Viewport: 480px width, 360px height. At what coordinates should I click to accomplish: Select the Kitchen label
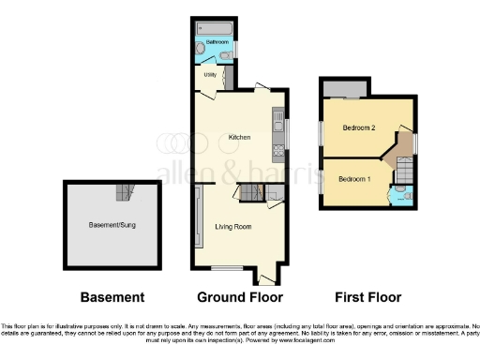(239, 138)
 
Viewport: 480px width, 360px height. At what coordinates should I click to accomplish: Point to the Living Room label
(232, 226)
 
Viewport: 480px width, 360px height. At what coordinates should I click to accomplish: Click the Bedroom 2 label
(358, 127)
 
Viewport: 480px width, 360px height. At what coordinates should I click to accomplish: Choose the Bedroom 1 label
(354, 179)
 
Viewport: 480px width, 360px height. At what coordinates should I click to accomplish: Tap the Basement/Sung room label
(110, 225)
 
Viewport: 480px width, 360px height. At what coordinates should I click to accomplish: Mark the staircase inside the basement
(123, 193)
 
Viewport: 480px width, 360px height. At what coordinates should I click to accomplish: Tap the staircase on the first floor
(404, 172)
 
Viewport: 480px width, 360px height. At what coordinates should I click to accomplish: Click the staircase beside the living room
(249, 192)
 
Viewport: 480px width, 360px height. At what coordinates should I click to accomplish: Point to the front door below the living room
(264, 277)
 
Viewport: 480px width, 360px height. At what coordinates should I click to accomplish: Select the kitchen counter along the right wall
(277, 133)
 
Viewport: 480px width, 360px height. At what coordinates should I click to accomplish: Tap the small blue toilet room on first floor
(400, 195)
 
